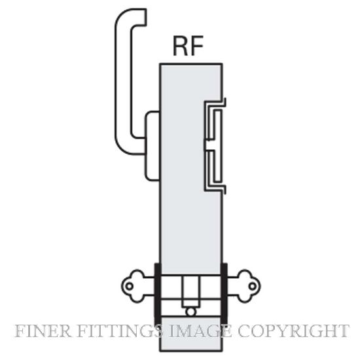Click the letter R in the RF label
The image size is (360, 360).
(181, 46)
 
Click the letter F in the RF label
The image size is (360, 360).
(197, 46)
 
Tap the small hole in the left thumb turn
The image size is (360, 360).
(130, 286)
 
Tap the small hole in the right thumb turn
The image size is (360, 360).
(252, 286)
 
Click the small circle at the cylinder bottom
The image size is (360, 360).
(190, 312)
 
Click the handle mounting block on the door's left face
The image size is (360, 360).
(153, 145)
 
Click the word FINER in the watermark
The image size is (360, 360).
(43, 331)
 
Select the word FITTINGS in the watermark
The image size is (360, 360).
(119, 331)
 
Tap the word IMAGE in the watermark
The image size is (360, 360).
(200, 331)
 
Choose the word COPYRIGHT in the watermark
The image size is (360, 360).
(294, 331)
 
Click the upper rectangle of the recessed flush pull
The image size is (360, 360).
(218, 124)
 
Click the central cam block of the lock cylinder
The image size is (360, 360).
(190, 291)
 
